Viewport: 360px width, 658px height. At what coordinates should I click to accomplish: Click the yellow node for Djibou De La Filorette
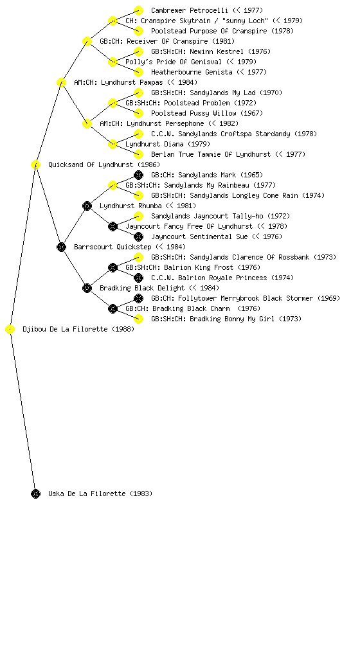point(10,330)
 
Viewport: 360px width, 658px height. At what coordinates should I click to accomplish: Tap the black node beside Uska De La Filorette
point(35,494)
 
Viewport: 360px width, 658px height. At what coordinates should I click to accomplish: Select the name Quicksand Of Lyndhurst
point(91,165)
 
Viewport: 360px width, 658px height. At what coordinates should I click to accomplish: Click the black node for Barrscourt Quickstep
point(61,247)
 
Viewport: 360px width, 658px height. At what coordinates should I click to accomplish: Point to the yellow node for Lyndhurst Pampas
point(61,83)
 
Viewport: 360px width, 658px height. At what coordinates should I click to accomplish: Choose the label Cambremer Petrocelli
point(190,10)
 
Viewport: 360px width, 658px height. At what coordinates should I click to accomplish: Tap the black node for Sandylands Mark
point(138,175)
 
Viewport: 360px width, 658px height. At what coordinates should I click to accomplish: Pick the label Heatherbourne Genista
point(192,72)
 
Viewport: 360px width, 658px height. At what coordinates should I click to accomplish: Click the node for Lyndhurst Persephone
point(87,124)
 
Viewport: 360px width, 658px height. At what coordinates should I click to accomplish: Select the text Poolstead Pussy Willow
point(194,113)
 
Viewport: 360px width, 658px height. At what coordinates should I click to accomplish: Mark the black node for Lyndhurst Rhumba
point(87,206)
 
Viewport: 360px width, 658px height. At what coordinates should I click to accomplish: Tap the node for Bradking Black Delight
point(87,289)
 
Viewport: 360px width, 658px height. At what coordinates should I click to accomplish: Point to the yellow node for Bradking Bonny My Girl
point(138,319)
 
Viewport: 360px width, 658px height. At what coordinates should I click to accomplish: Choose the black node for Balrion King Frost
point(113,268)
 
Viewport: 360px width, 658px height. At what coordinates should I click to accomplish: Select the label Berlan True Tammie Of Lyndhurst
point(211,154)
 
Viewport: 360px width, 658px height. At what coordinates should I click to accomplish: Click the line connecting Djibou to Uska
point(22,412)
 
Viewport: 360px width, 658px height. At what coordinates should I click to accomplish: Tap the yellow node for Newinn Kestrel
point(138,51)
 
